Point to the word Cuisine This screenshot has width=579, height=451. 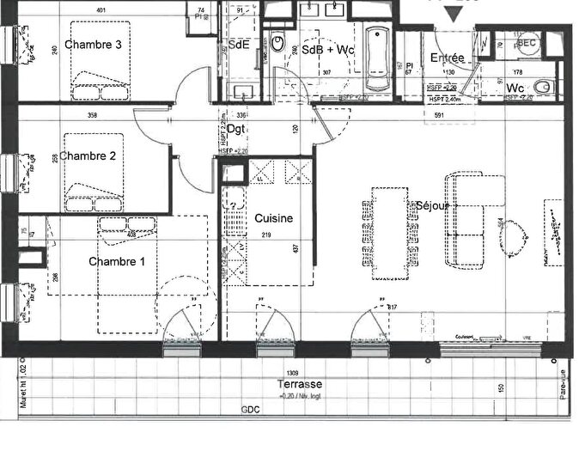point(273,218)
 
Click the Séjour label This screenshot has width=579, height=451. point(434,206)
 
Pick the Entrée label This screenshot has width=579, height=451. point(447,58)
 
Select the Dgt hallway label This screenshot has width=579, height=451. point(236,130)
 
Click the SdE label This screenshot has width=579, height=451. point(239,46)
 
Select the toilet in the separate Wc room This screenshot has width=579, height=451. point(542,88)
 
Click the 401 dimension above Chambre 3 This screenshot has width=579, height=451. point(101,10)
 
